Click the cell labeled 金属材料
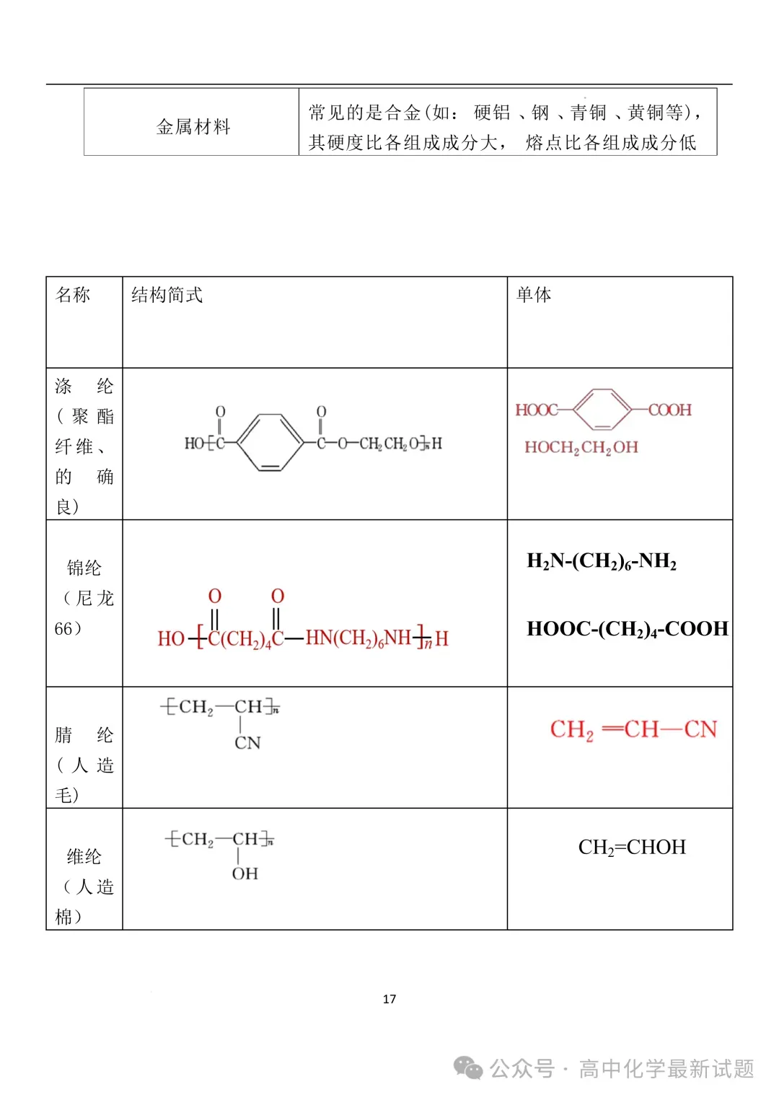click(193, 127)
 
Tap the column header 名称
click(73, 294)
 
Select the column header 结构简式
click(167, 294)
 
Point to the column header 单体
click(534, 294)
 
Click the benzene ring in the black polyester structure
click(270, 442)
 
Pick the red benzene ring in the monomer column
click(603, 410)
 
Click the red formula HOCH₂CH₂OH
click(581, 447)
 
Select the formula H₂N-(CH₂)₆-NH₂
click(602, 561)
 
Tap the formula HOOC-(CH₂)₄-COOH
click(627, 629)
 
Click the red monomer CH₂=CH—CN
click(633, 729)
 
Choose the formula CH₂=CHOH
click(632, 847)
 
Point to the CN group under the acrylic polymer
click(247, 743)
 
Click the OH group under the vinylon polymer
click(245, 874)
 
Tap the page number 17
click(389, 999)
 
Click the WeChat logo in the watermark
click(468, 1068)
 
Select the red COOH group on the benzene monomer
click(670, 410)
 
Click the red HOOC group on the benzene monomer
click(536, 410)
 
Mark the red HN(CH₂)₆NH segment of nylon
click(358, 638)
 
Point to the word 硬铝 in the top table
click(492, 113)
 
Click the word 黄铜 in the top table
click(646, 113)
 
